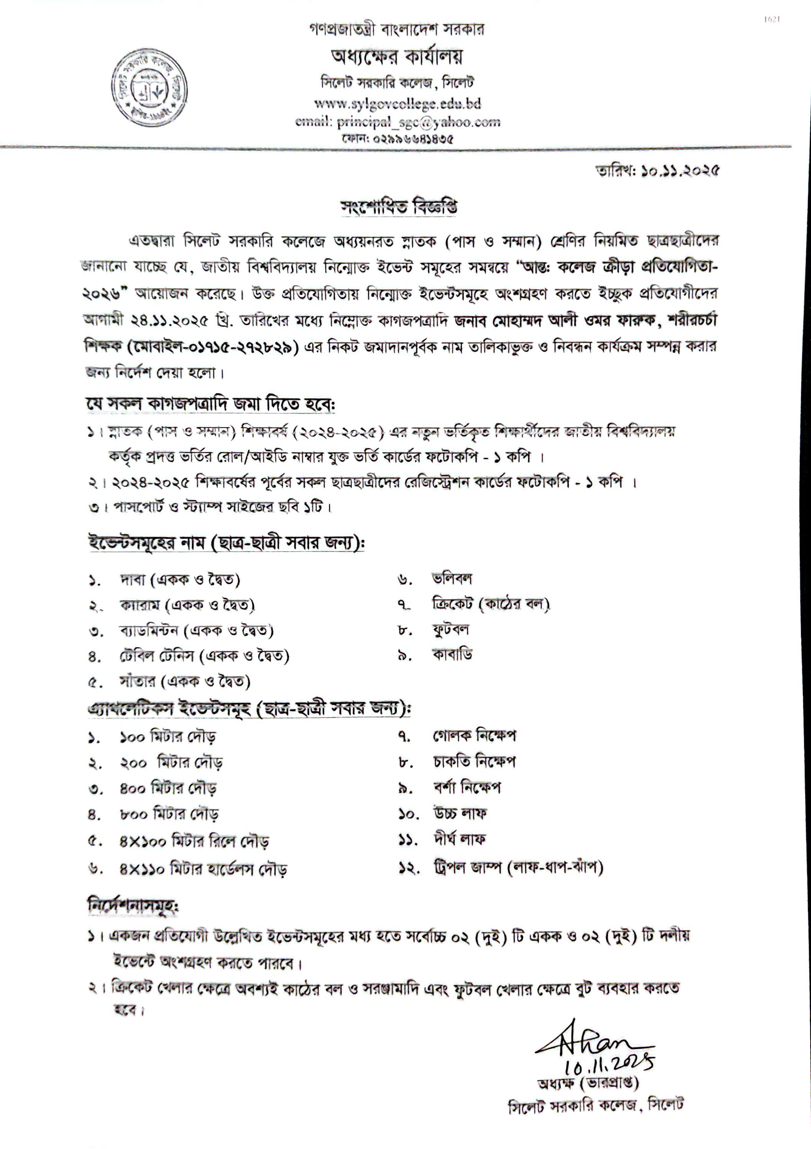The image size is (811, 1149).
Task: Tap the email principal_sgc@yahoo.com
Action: click(x=398, y=122)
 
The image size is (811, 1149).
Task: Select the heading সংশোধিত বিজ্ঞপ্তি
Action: click(x=398, y=207)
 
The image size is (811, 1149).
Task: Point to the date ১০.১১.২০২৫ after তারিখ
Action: click(x=680, y=171)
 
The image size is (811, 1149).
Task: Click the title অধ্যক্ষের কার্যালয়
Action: click(x=397, y=57)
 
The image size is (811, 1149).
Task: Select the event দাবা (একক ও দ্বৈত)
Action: click(x=180, y=579)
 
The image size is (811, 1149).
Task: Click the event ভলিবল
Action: click(x=452, y=578)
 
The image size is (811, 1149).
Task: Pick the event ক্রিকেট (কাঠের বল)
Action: click(x=491, y=604)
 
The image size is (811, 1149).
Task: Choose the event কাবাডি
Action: click(x=452, y=654)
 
